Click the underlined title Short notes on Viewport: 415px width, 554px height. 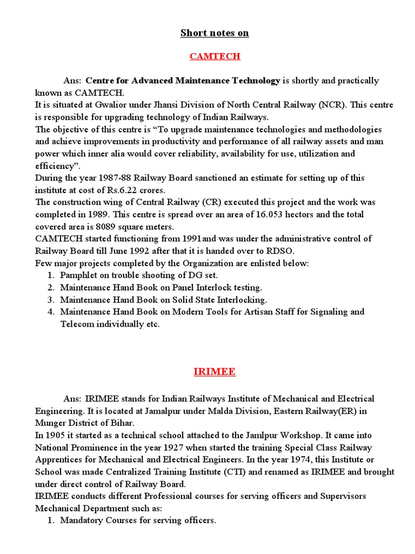[215, 33]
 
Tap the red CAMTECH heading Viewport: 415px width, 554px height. [215, 56]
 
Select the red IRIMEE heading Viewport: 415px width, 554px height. [215, 372]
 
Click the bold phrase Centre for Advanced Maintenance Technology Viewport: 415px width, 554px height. [183, 81]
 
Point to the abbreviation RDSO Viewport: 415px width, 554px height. [285, 250]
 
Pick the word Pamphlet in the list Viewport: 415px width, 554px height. [79, 275]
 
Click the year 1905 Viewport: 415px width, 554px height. [57, 435]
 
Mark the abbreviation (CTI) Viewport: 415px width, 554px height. [233, 472]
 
